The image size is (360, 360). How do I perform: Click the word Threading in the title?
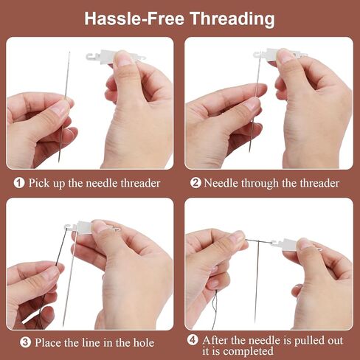pos(232,19)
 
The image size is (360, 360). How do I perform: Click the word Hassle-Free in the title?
pos(134,18)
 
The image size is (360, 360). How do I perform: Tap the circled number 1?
pos(19,183)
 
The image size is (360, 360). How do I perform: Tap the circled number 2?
pos(195,183)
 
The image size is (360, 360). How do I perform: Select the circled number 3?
pos(25,342)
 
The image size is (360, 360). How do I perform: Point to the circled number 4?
pos(193,340)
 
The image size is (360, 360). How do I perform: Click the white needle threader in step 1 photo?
pos(108,57)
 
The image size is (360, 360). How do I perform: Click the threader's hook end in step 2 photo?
pos(257,54)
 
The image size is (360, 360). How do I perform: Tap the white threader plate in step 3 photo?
pos(84,226)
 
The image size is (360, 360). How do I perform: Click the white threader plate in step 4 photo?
pos(290,244)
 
